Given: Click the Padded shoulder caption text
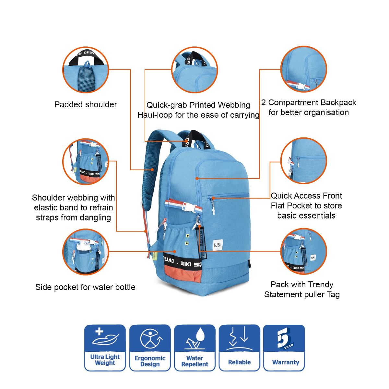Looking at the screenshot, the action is [86, 105].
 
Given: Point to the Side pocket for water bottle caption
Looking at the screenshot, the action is [85, 287].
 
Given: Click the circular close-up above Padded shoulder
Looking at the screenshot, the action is [86, 70].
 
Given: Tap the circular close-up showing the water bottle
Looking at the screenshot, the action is [86, 252].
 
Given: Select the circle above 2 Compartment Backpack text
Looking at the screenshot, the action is [304, 69].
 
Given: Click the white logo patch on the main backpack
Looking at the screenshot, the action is [218, 245].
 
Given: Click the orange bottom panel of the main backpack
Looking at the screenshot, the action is [183, 275].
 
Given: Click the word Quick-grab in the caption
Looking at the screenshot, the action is [167, 105].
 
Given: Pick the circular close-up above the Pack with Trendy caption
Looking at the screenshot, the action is [304, 252].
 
